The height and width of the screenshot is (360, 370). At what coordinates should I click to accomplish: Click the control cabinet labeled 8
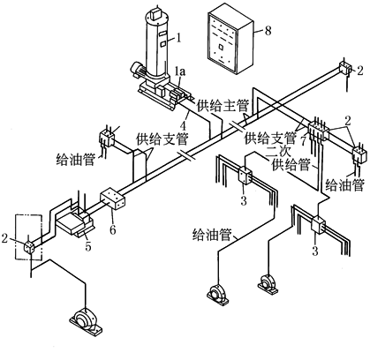click(x=230, y=39)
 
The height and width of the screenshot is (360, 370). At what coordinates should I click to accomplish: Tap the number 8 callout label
click(x=268, y=31)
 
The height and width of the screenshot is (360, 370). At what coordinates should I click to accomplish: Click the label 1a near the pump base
click(x=180, y=71)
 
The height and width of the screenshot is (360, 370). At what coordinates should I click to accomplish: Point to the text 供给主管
click(x=223, y=106)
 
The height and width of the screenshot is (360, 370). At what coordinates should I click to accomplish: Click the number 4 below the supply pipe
click(x=184, y=125)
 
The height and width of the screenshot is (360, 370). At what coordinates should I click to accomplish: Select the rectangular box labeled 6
click(x=113, y=199)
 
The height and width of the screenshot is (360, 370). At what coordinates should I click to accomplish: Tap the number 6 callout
click(x=113, y=229)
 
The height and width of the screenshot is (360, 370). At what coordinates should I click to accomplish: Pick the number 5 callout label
click(x=88, y=246)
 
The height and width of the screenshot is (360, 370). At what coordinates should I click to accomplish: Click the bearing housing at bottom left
click(x=87, y=321)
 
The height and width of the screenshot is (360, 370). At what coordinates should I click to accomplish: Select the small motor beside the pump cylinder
click(x=138, y=71)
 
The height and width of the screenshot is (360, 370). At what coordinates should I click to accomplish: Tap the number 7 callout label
click(x=303, y=140)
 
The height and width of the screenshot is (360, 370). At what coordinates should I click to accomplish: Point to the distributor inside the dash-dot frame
click(x=28, y=246)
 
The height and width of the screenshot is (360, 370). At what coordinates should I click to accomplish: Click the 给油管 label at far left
click(x=76, y=160)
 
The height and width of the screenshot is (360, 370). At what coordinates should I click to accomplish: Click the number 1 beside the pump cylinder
click(x=178, y=38)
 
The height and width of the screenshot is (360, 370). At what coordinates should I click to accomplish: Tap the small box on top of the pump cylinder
click(x=155, y=13)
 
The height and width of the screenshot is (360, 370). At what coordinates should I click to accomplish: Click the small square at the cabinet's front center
click(x=221, y=47)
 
